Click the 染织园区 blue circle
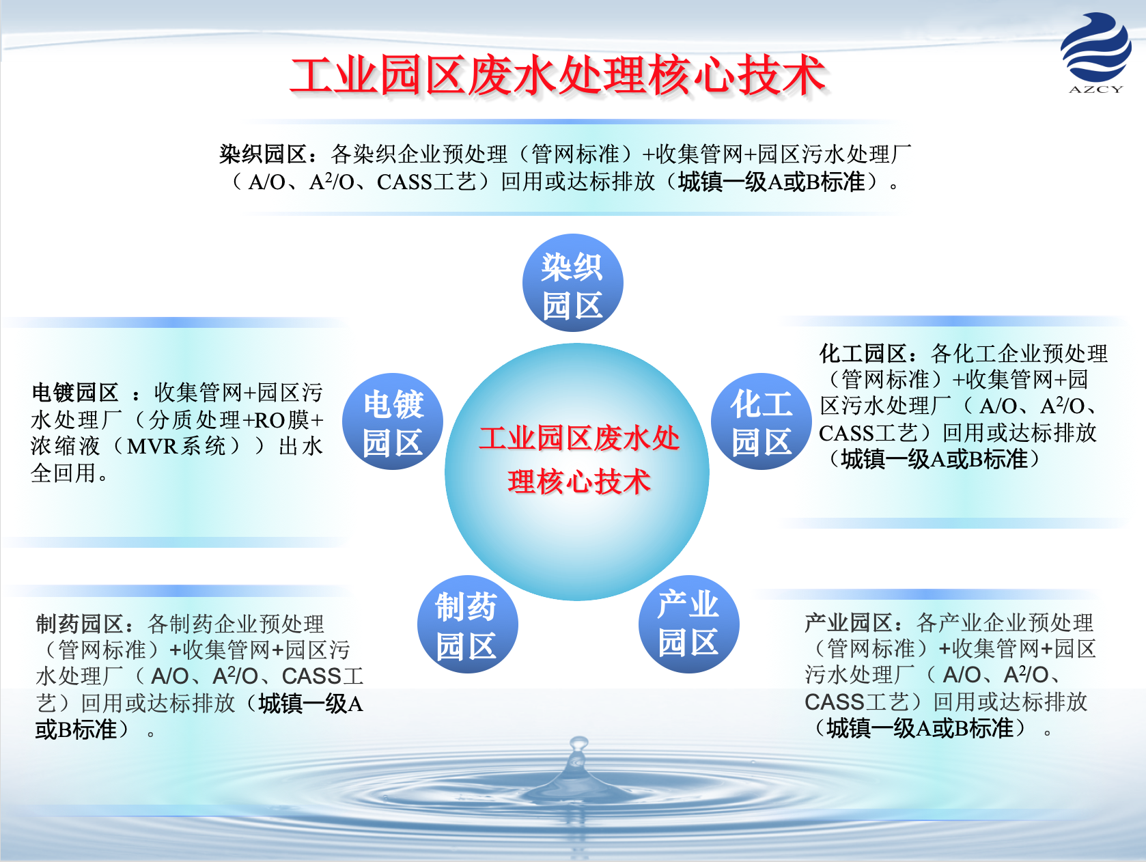[573, 283]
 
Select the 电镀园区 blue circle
[393, 421]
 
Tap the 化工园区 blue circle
[761, 421]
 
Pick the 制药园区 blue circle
[467, 624]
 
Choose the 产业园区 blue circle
[688, 624]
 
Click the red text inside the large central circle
[578, 460]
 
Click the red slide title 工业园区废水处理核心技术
[559, 76]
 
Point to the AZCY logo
[1096, 52]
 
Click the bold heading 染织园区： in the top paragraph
[268, 154]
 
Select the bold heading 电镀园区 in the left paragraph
[75, 393]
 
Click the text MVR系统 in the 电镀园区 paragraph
[176, 447]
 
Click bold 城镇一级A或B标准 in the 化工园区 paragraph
[934, 460]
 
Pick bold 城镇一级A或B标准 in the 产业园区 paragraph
[921, 728]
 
